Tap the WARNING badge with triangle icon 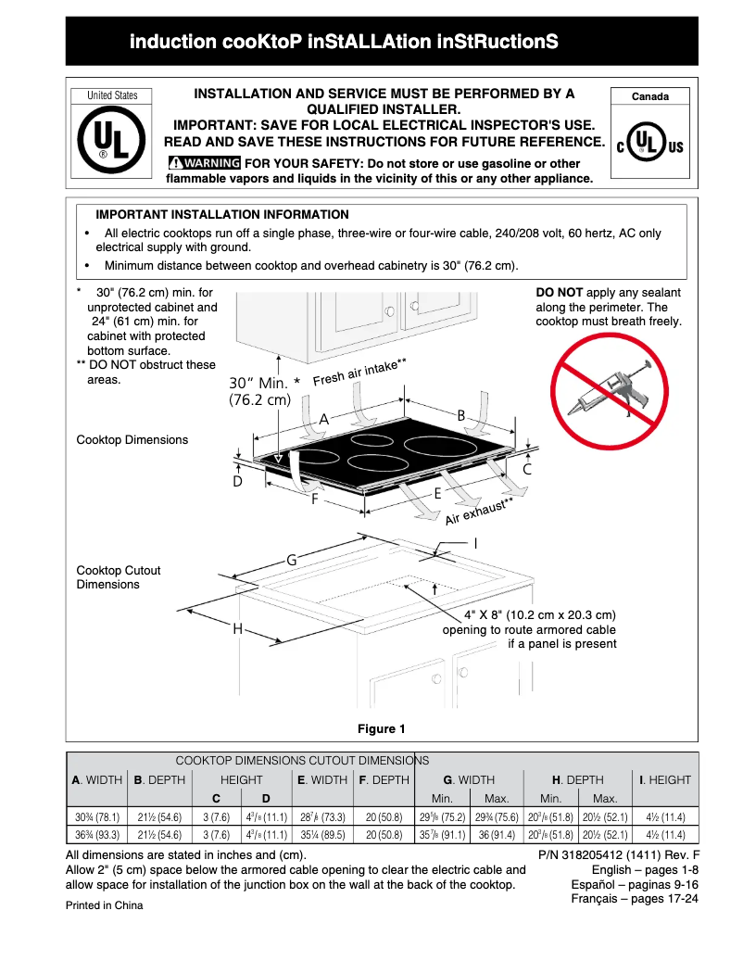[204, 163]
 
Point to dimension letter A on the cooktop [324, 419]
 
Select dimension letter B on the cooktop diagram [460, 416]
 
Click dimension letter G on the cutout [291, 561]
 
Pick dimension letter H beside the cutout [238, 628]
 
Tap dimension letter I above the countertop [475, 543]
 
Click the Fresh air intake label [359, 373]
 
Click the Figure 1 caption [382, 728]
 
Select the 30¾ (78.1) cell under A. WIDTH [97, 817]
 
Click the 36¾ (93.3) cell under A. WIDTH [97, 835]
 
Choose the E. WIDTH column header [322, 780]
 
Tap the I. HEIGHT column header [665, 780]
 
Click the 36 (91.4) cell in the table [496, 835]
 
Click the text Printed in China [104, 905]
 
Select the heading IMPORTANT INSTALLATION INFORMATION [222, 215]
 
